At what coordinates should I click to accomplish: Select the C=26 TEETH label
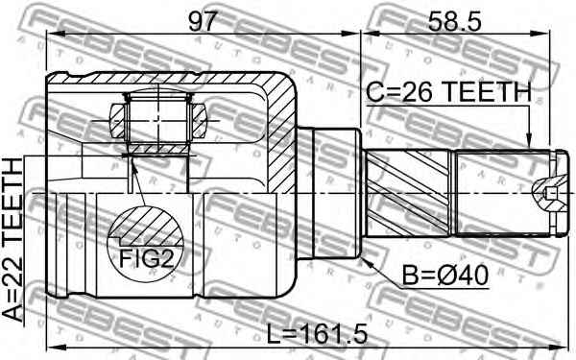(448, 93)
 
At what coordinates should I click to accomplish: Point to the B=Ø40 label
(445, 276)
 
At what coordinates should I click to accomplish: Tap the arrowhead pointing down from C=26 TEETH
(530, 143)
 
